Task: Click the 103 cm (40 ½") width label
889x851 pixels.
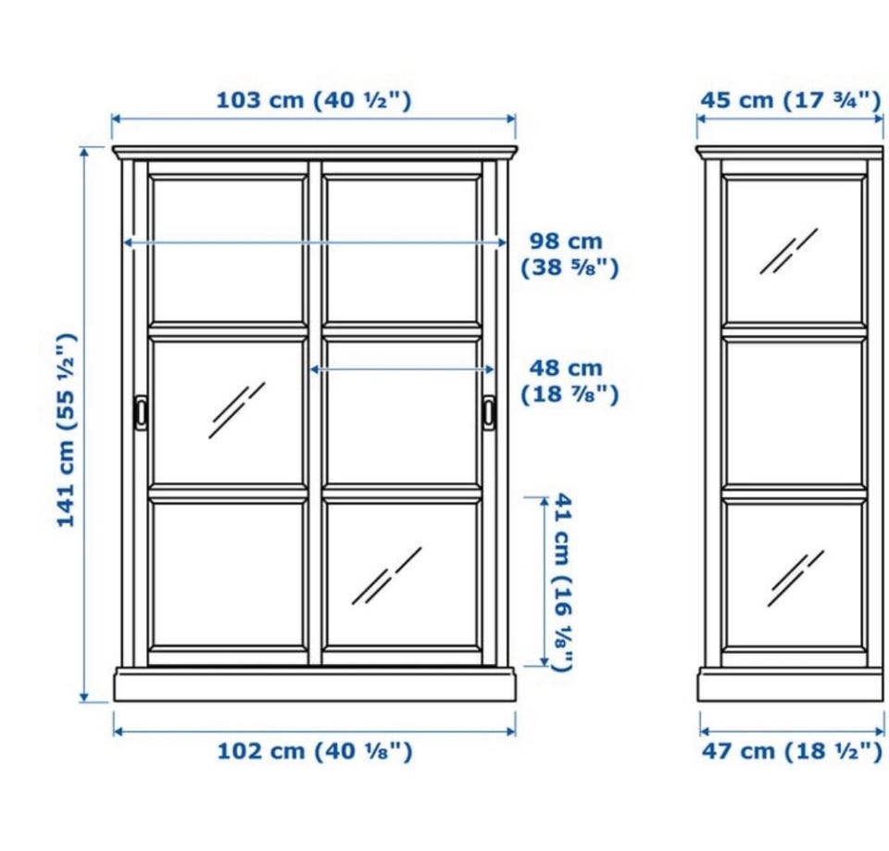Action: tap(314, 100)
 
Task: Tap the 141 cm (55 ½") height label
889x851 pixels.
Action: tap(67, 431)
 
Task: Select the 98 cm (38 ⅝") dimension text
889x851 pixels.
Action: tap(570, 254)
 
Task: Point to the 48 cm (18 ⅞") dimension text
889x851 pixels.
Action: tap(570, 381)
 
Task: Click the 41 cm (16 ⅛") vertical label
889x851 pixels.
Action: tap(562, 582)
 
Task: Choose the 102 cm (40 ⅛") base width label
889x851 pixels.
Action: tap(315, 751)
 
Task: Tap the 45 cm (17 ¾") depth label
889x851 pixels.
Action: tap(791, 100)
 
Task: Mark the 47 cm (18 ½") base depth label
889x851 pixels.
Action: tap(792, 751)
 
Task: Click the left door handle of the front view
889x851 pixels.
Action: tap(141, 412)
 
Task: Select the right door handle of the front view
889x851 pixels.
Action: tap(489, 412)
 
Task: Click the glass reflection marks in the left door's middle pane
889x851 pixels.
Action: tap(236, 410)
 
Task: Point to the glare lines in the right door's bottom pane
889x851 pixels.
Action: tap(387, 575)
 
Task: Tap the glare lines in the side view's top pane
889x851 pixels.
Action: tap(789, 251)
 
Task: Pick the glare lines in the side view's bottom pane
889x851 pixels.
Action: tap(795, 579)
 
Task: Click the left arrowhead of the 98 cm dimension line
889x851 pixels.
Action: tap(128, 243)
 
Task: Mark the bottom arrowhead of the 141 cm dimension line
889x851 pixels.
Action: tap(84, 696)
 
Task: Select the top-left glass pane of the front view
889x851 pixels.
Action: tap(228, 251)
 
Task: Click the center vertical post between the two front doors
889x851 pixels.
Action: tap(315, 412)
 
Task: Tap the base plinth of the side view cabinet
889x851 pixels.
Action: tap(791, 685)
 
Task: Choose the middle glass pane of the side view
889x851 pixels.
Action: tap(795, 412)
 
